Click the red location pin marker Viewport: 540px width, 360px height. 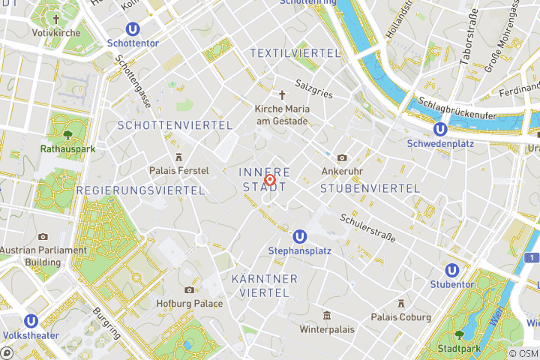pos(270,180)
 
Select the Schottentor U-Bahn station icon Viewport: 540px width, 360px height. pos(133,28)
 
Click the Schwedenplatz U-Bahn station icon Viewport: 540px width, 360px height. pos(440,129)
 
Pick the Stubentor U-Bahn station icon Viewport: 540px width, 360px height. pos(451,270)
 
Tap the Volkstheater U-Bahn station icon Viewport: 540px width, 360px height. pos(31,321)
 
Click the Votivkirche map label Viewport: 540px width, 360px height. pos(56,34)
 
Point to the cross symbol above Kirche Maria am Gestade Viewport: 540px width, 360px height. pos(282,94)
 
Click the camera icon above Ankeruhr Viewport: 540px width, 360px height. pos(342,157)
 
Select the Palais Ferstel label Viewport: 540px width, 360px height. pos(178,170)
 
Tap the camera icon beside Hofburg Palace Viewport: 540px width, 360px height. pos(189,290)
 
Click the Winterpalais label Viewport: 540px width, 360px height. pos(326,328)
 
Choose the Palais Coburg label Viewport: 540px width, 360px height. pos(401,316)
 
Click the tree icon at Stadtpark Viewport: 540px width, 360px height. pos(459,334)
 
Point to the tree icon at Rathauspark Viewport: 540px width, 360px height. pos(68,135)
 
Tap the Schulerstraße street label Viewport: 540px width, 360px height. pos(367,226)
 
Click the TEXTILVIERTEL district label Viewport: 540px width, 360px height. pos(295,53)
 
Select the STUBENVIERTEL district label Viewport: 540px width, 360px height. pos(370,188)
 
